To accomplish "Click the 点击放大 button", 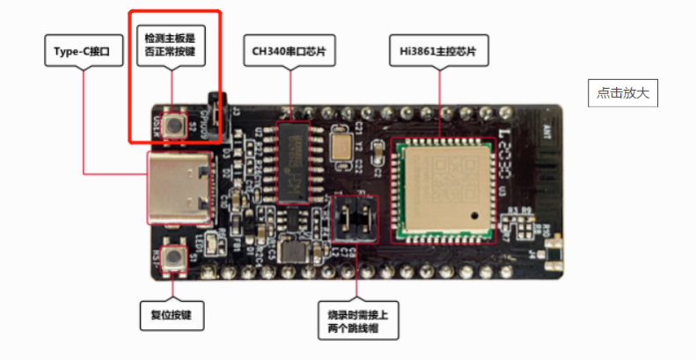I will (x=623, y=93).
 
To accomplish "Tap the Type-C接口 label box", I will (x=84, y=52).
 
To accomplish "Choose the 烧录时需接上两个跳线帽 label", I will (x=357, y=320).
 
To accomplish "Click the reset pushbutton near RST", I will (x=175, y=257).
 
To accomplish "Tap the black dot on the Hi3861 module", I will (x=473, y=213).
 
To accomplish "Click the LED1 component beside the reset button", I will (x=201, y=240).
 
